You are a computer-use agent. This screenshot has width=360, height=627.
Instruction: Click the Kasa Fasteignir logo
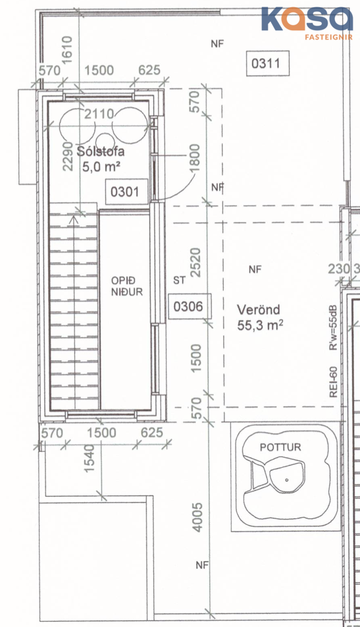[307, 23]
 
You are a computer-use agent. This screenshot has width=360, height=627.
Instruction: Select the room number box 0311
[267, 63]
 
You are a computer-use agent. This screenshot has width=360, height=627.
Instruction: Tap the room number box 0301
[124, 192]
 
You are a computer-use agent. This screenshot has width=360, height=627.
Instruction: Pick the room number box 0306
[188, 307]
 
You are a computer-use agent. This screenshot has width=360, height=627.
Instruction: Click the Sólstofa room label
[100, 151]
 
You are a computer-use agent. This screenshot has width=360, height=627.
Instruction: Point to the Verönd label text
[259, 310]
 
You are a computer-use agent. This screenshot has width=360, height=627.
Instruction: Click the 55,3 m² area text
[260, 325]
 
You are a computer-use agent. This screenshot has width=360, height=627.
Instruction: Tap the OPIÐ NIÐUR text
[126, 286]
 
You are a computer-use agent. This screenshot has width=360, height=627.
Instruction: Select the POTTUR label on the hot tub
[280, 447]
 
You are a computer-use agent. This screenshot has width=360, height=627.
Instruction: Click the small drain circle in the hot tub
[286, 479]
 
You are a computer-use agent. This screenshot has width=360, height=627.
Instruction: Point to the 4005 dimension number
[198, 517]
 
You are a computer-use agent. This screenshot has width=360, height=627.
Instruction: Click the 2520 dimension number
[195, 262]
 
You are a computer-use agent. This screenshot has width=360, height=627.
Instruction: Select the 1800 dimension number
[194, 158]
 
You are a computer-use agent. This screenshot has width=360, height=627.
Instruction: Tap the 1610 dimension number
[67, 50]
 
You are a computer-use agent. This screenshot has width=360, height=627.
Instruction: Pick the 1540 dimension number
[90, 458]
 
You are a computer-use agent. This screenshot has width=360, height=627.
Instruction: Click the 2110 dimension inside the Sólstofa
[99, 115]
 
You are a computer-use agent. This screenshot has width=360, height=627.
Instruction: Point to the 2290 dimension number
[68, 156]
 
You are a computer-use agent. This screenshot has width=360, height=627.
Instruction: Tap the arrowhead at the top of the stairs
[74, 219]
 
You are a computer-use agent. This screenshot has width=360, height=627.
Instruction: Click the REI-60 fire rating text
[333, 382]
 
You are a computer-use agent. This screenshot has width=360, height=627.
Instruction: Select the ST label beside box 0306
[180, 281]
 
